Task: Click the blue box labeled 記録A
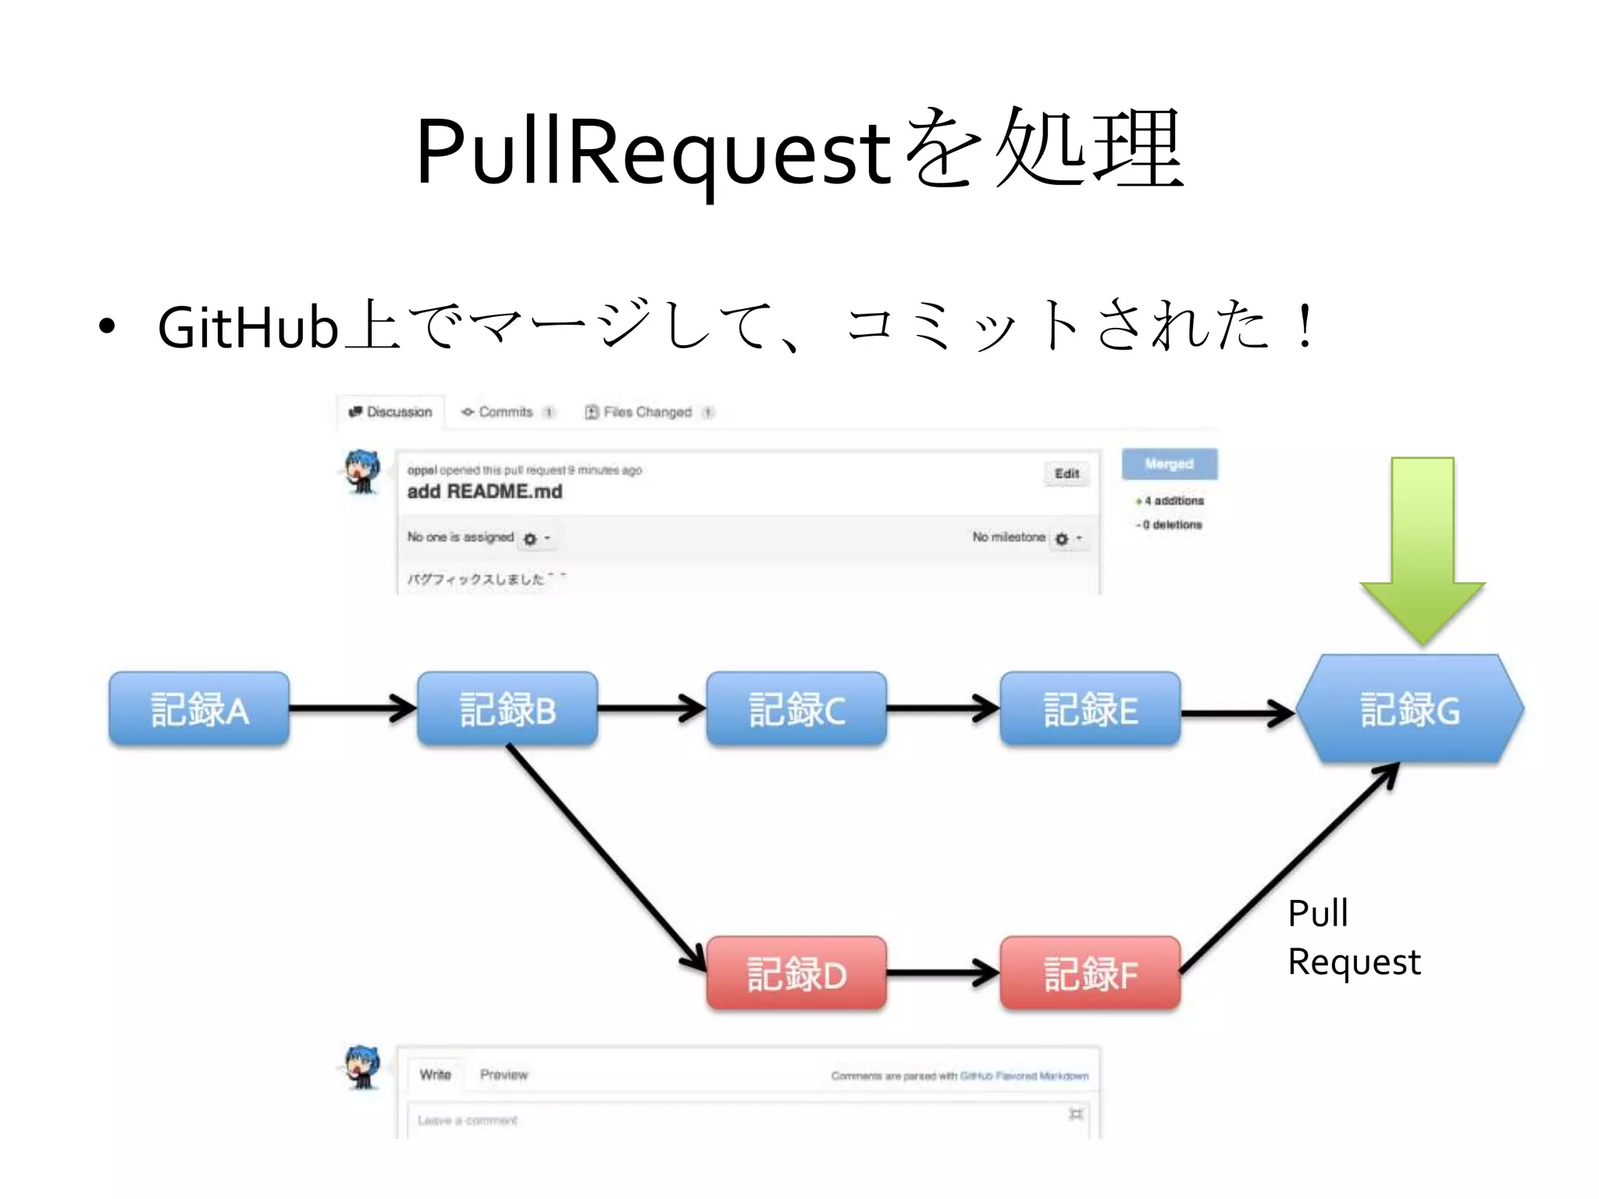click(199, 709)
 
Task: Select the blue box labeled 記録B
click(507, 709)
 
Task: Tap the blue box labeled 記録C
click(796, 709)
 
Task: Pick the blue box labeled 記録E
click(1090, 709)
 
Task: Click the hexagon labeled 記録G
click(1410, 709)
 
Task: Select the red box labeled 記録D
click(796, 973)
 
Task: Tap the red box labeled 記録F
click(1090, 973)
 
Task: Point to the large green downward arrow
click(1422, 546)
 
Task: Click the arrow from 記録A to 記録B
click(351, 708)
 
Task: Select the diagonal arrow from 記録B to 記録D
click(605, 855)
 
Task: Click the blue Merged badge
click(1169, 464)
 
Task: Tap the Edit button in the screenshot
click(1067, 474)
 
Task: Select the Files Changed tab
click(647, 411)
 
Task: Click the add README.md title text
click(484, 492)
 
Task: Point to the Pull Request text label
click(1353, 937)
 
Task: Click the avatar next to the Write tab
click(362, 1067)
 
